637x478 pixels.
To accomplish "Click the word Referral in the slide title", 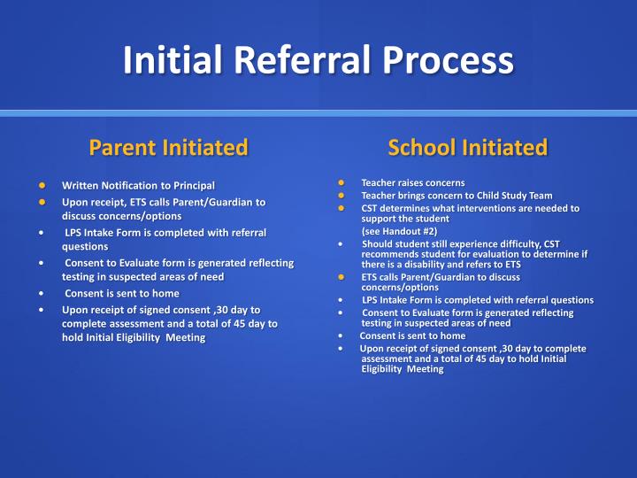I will (305, 60).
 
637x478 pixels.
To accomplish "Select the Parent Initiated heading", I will (168, 147).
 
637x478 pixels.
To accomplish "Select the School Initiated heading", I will (467, 147).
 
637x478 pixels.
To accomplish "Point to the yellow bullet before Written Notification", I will (42, 186).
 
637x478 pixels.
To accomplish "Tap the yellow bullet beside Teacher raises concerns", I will (341, 182).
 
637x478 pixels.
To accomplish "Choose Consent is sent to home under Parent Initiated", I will (122, 293).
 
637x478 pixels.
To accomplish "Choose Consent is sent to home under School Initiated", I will (412, 336).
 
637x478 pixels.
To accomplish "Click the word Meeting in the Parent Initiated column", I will (186, 337).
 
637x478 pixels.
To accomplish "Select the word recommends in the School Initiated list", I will (392, 254).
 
